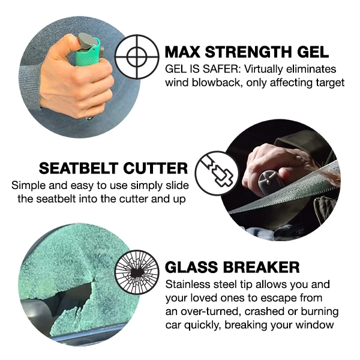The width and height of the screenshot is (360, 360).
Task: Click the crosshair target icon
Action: click(136, 57)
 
